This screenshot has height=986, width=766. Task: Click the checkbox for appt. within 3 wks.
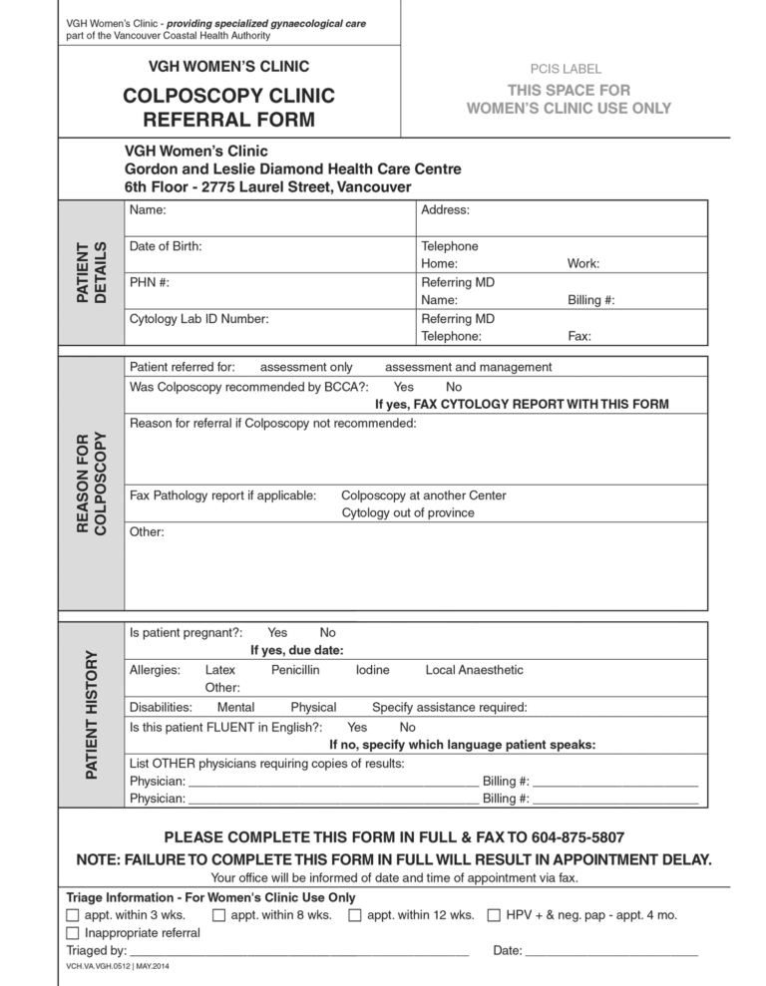click(x=72, y=915)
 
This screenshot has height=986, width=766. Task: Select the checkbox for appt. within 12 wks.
click(x=355, y=915)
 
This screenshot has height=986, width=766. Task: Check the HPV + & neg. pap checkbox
click(x=494, y=915)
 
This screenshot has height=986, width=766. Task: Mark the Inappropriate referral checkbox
click(x=72, y=933)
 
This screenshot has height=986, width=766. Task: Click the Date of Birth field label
click(x=166, y=245)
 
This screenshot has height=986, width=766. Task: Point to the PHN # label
click(x=150, y=282)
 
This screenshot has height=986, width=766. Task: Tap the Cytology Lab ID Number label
click(x=199, y=319)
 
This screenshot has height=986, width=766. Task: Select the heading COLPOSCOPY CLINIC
click(x=228, y=97)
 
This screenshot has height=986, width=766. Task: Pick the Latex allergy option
click(x=219, y=670)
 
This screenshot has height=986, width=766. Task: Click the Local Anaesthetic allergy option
click(x=474, y=670)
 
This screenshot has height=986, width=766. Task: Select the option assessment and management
click(x=468, y=367)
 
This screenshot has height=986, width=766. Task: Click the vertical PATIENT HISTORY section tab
click(x=92, y=714)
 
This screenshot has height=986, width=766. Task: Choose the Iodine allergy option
click(x=372, y=670)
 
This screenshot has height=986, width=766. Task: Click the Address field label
click(x=445, y=209)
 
